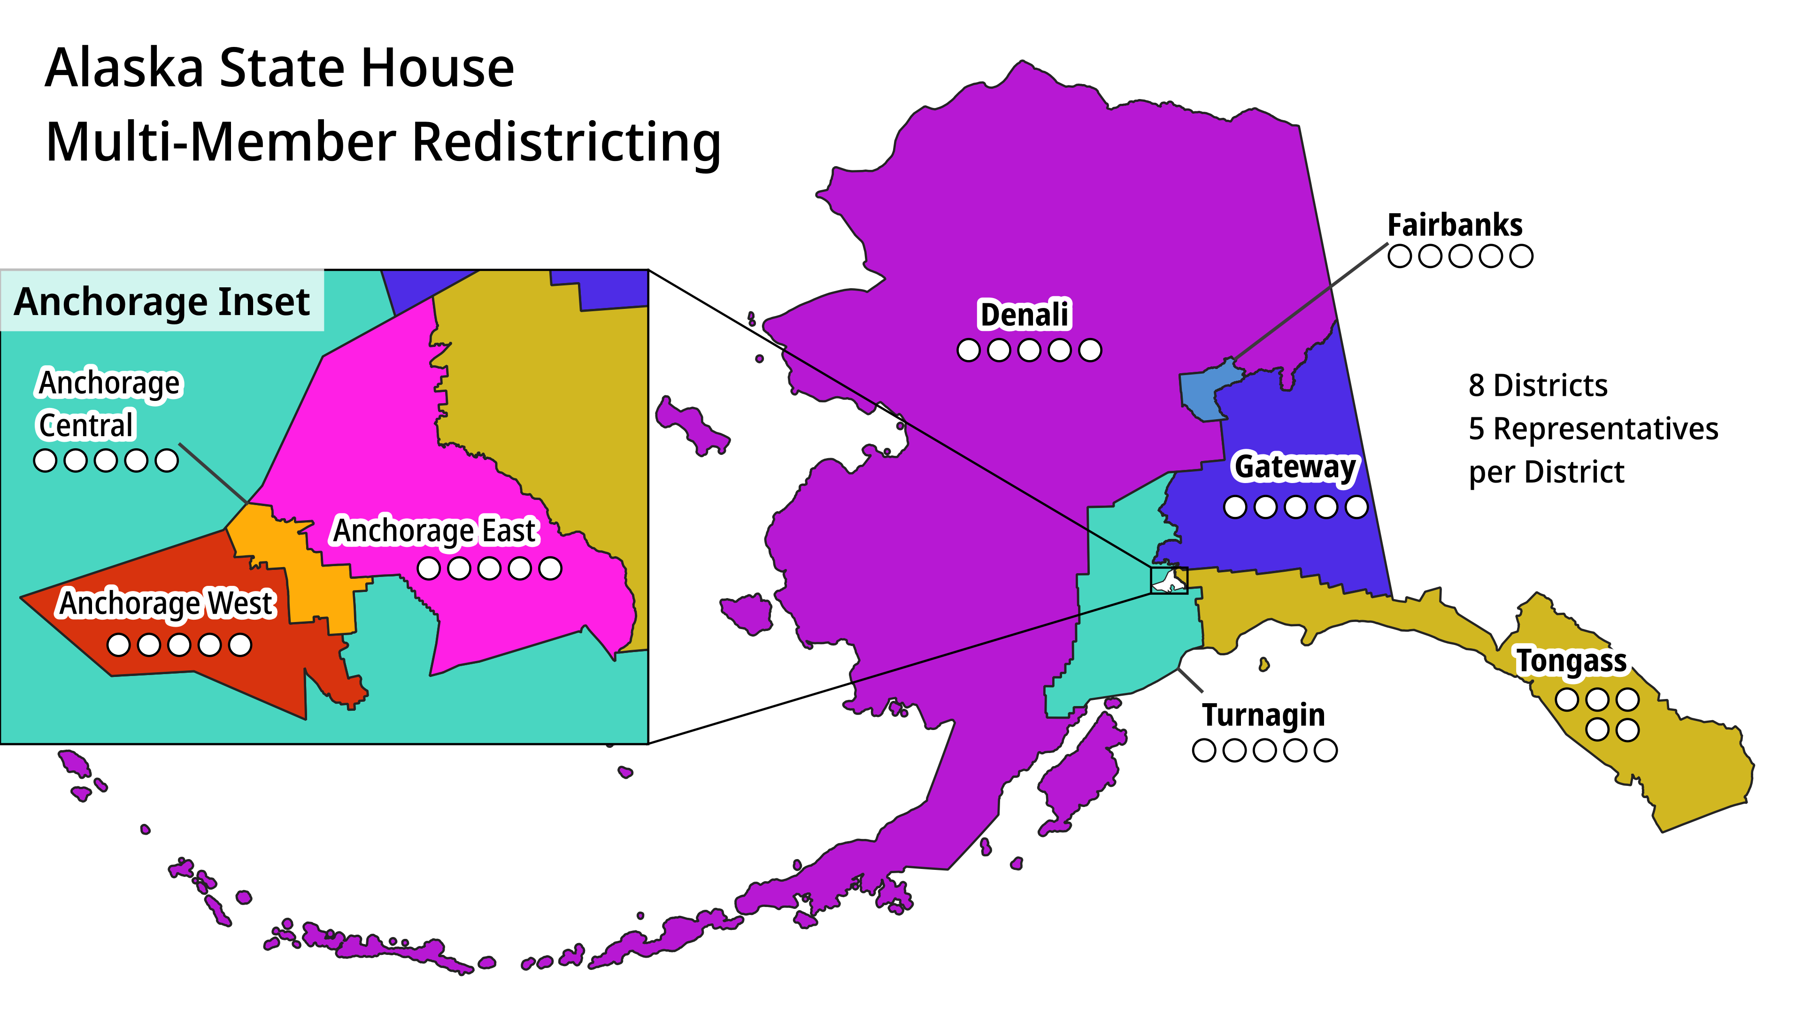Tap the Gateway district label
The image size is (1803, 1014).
1295,467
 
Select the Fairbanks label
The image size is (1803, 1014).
1455,225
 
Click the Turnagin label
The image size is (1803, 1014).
1264,715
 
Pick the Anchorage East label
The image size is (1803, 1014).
435,530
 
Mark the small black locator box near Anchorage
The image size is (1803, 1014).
1169,580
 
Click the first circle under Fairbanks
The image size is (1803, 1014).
1399,257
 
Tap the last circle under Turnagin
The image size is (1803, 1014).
1325,750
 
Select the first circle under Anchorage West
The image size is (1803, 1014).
118,645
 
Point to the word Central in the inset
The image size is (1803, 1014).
85,425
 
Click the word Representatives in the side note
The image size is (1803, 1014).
1606,429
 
